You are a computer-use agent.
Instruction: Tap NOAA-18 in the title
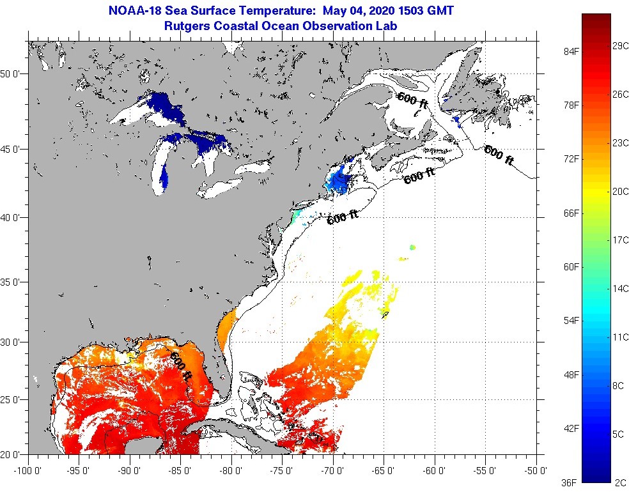[135, 11]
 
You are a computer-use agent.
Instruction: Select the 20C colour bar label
[619, 191]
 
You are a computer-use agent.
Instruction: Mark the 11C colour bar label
[619, 337]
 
